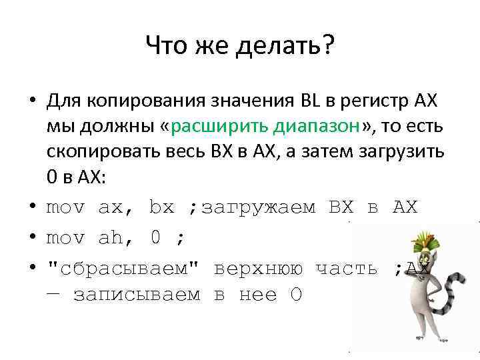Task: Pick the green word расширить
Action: (x=215, y=127)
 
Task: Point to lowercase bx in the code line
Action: (x=161, y=208)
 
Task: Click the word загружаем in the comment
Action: (x=258, y=208)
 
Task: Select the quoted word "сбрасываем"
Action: (x=123, y=269)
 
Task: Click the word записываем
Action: (x=137, y=295)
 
